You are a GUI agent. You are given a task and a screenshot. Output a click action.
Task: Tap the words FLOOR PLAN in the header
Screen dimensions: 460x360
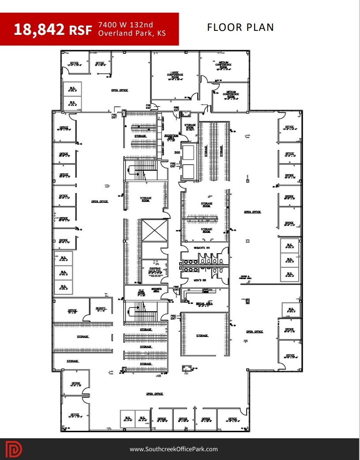240,27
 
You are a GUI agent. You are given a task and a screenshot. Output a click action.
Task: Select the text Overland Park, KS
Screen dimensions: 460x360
132,34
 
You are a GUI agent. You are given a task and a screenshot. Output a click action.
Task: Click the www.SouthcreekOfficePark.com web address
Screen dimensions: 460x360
173,449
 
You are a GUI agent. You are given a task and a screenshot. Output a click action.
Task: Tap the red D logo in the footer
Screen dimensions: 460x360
14,449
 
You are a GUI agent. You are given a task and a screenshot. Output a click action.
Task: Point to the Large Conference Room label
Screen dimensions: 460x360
175,75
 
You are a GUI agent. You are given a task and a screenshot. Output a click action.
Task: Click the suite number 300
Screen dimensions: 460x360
177,153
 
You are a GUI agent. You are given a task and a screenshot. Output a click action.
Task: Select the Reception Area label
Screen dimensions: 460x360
171,137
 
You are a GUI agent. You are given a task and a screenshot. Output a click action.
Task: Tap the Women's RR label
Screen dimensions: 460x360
201,248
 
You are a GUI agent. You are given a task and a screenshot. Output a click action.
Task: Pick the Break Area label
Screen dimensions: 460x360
204,304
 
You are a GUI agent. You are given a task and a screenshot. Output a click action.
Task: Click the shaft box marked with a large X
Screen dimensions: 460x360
154,230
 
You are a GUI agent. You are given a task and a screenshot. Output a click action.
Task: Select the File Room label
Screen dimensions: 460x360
141,292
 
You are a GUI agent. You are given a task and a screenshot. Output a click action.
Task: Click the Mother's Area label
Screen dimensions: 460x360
157,290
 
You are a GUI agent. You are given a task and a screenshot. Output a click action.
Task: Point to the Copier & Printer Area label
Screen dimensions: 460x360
246,277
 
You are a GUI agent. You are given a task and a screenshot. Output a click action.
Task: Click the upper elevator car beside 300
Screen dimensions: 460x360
187,153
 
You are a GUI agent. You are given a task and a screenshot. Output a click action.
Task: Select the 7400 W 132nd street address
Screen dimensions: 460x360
126,25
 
